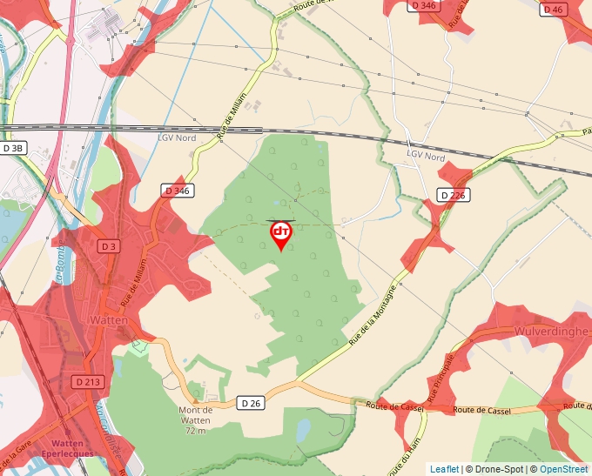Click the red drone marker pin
tap(281, 234)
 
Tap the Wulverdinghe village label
tap(552, 332)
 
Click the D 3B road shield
tap(13, 148)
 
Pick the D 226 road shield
tap(453, 195)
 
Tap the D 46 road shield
tap(553, 10)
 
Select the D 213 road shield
tap(88, 381)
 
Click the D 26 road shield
tap(250, 402)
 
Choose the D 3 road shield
tap(107, 246)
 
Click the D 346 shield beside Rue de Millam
tap(177, 190)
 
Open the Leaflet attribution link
tap(444, 469)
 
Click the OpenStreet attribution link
tap(564, 469)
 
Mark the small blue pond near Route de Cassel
tap(302, 430)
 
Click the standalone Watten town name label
tap(109, 320)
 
